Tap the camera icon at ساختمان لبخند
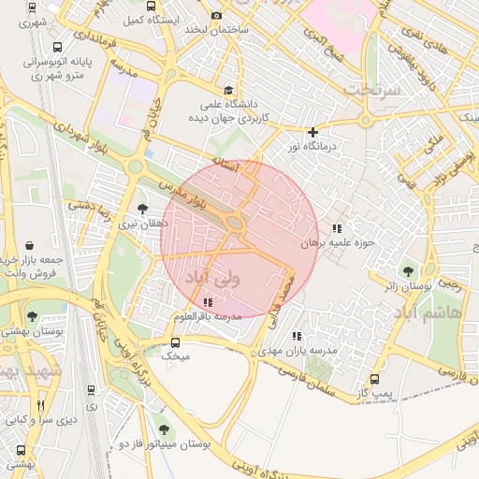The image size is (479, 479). pos(217,15)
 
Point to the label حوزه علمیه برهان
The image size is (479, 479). pos(337,242)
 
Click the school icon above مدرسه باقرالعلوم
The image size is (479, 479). pos(207,302)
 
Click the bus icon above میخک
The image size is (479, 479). pos(174,341)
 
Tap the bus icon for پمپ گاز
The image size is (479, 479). pos(375,380)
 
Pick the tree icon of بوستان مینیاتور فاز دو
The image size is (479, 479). pos(165,429)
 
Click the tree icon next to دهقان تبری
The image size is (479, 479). pos(142,209)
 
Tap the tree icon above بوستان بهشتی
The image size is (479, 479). pos(33,317)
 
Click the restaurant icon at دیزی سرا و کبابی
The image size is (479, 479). pos(40,405)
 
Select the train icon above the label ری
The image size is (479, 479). pos(91,391)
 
